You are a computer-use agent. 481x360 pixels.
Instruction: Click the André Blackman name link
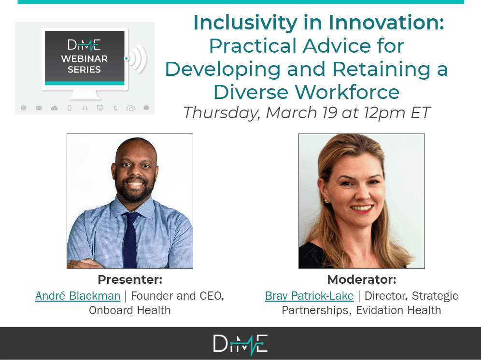[78, 296]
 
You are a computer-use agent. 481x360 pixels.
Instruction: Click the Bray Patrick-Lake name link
[309, 296]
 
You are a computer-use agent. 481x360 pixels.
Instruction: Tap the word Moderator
[359, 279]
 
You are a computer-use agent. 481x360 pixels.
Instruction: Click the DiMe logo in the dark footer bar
[240, 344]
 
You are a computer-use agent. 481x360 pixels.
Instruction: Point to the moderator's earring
[326, 201]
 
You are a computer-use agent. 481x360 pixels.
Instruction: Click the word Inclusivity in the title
[245, 23]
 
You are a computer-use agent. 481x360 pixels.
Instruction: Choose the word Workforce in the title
[347, 92]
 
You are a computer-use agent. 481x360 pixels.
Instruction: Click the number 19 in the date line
[330, 112]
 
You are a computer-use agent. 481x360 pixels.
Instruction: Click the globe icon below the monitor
[24, 108]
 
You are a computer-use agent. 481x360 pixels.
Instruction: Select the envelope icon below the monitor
[39, 108]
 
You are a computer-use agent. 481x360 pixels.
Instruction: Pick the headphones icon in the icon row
[85, 108]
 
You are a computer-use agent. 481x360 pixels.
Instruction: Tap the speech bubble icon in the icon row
[146, 108]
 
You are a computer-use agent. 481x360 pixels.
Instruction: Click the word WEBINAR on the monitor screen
[85, 58]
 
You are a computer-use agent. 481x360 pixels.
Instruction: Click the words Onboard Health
[130, 310]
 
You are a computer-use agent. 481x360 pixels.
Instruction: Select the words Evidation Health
[398, 310]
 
